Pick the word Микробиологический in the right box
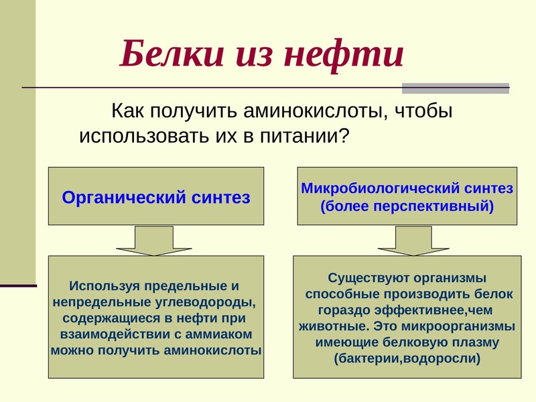tap(380, 188)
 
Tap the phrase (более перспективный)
tap(407, 206)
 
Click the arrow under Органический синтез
tap(154, 241)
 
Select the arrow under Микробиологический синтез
tap(413, 241)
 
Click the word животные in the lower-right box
tap(334, 326)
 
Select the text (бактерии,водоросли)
tap(407, 358)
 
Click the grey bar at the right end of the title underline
tap(456, 88)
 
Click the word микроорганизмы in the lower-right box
tap(458, 326)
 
